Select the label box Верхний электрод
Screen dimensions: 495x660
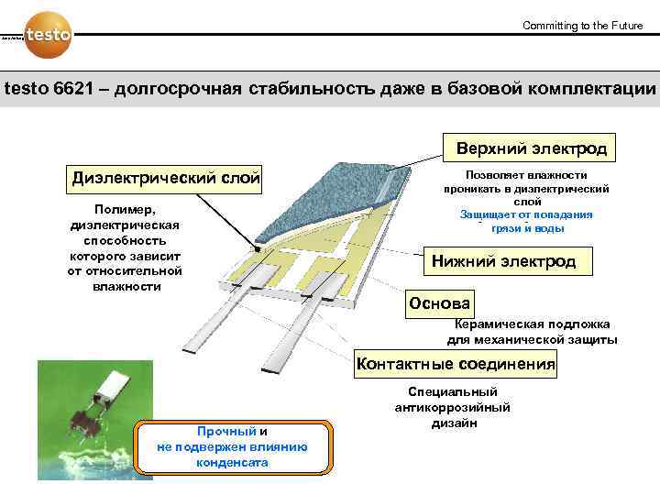click(524, 148)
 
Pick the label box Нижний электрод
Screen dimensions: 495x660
click(503, 261)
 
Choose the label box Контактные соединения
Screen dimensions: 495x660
click(456, 364)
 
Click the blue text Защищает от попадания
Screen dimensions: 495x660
click(526, 214)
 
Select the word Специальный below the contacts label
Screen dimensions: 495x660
click(453, 391)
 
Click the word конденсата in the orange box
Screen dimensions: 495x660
click(232, 462)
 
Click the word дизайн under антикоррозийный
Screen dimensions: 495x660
click(453, 423)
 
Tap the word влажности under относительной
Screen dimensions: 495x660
click(126, 286)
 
